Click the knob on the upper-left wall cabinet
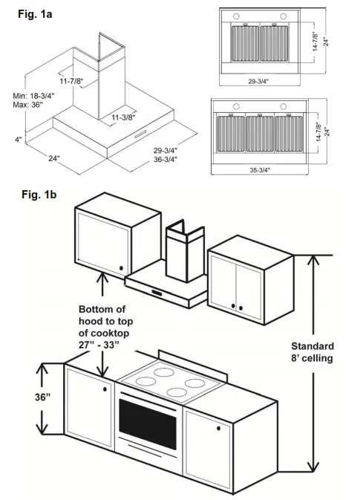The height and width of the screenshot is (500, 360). coord(120,267)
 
